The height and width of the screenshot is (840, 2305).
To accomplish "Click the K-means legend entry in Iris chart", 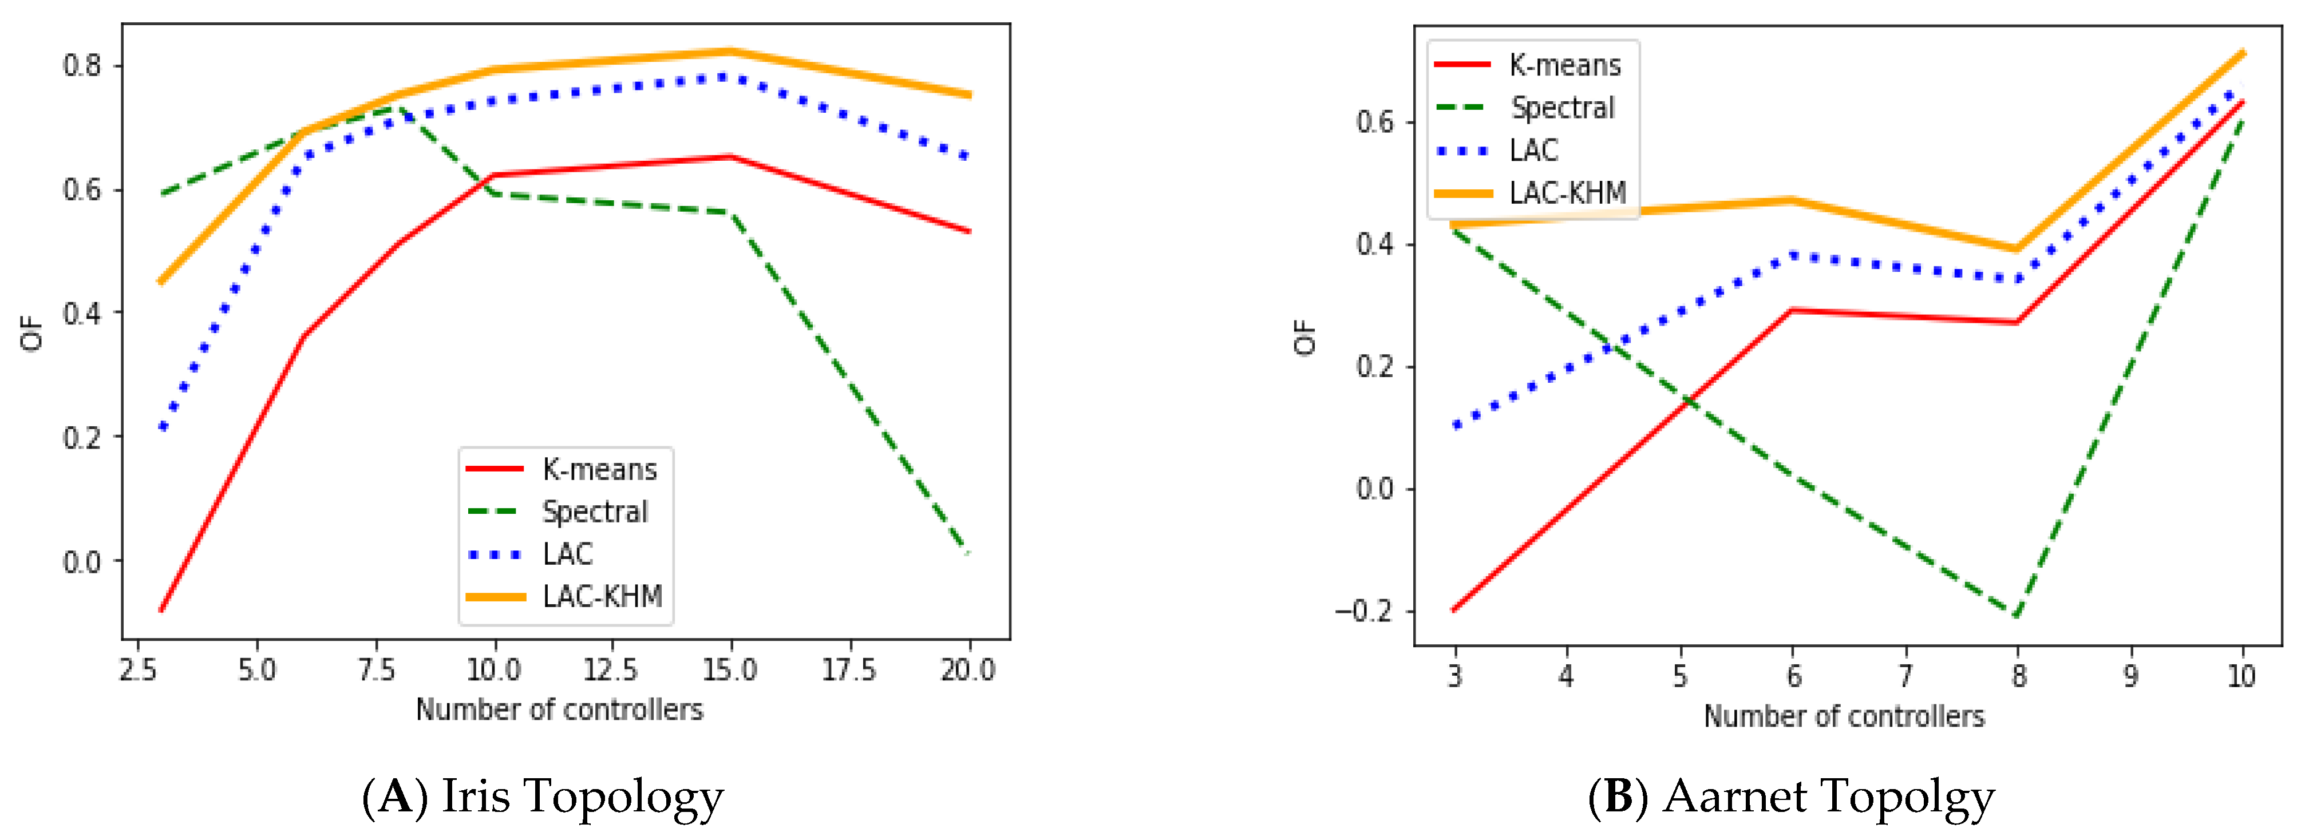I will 599,469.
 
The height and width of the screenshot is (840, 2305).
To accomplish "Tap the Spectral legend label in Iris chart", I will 594,512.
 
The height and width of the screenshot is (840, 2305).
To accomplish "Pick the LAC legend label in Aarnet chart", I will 1533,150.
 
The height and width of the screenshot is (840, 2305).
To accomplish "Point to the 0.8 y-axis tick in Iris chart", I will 81,65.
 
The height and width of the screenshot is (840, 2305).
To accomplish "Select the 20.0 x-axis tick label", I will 967,669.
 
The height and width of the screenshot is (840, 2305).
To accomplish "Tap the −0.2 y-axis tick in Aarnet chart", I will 1363,611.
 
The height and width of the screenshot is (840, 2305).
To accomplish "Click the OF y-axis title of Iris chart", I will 31,333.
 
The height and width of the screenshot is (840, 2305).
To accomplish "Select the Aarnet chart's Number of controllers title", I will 1843,716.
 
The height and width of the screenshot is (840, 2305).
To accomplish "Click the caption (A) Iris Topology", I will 542,795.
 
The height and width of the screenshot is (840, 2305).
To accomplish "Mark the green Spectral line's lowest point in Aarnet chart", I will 2017,616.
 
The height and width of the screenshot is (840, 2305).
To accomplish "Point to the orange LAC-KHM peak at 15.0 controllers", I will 730,51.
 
